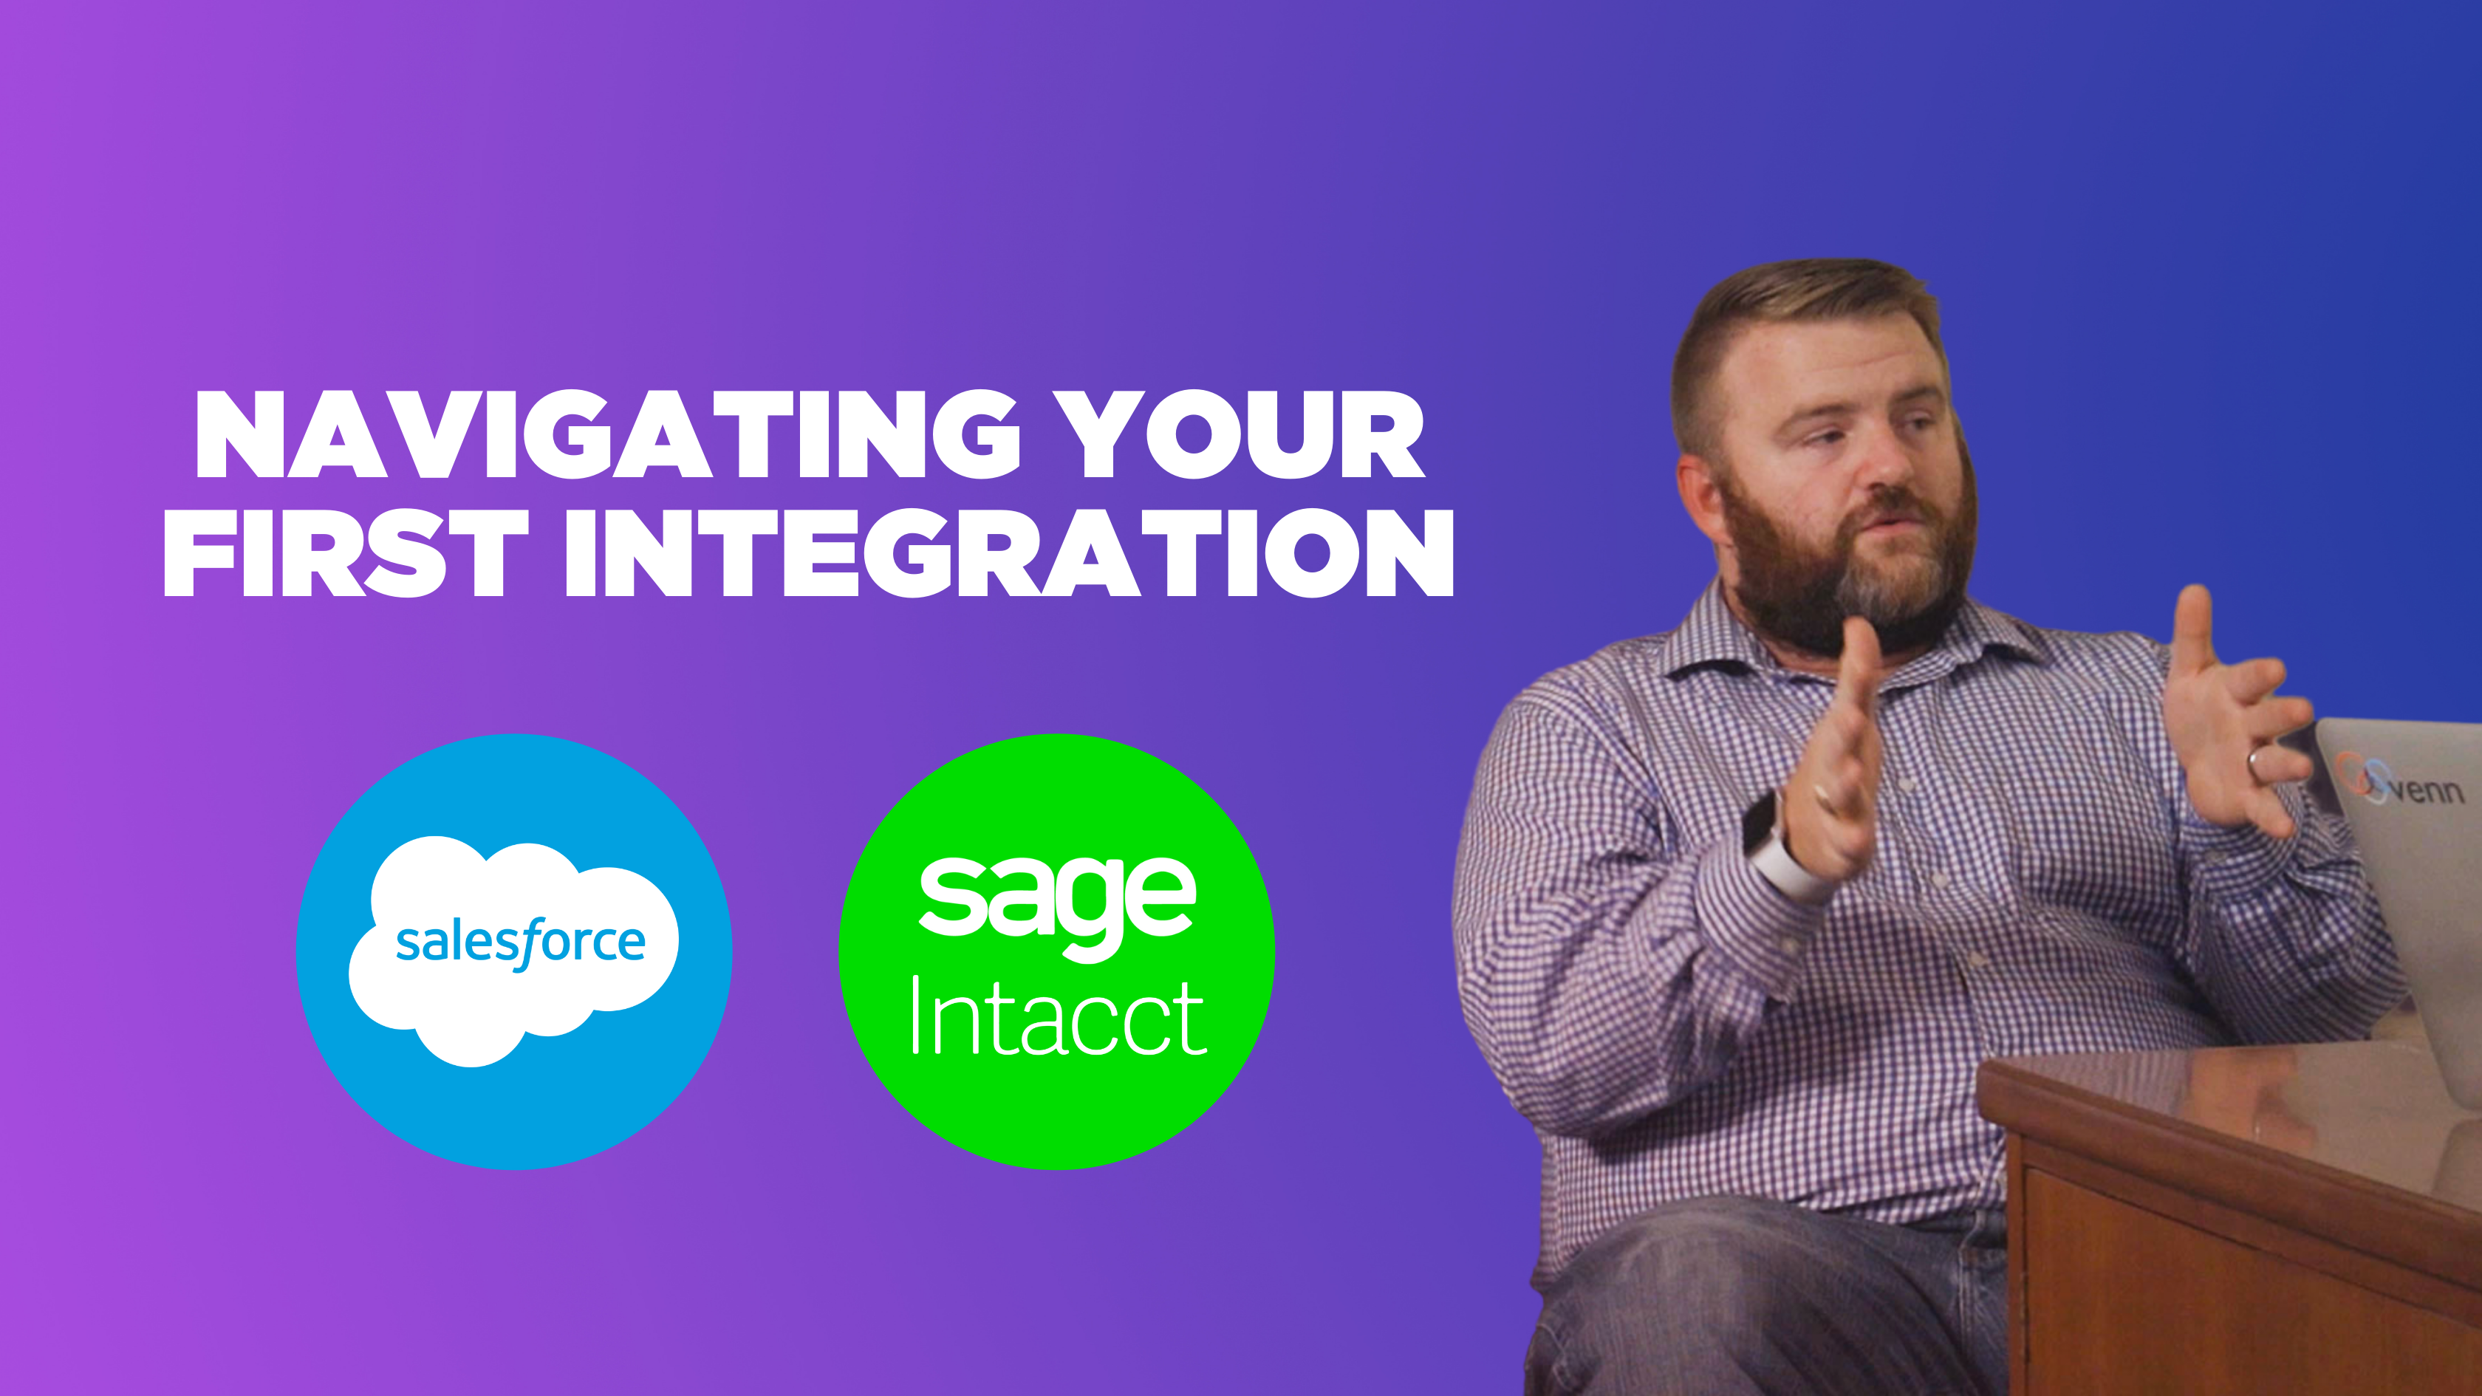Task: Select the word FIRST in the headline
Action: click(x=346, y=553)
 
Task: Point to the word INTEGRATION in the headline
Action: click(x=1009, y=553)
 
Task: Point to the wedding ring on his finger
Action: click(x=2257, y=763)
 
